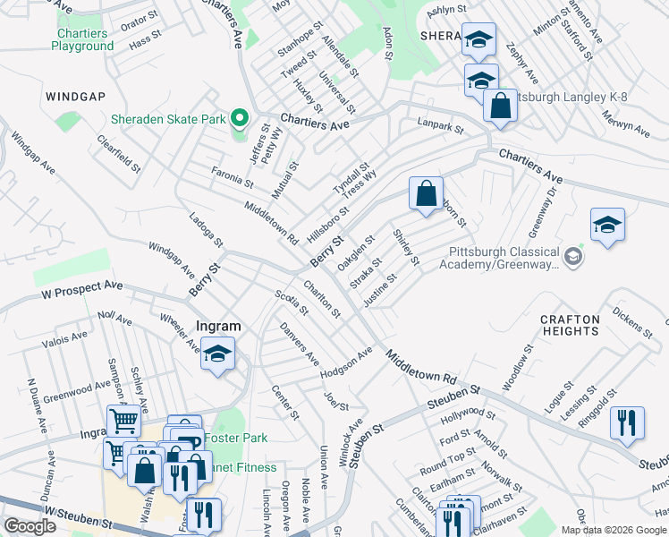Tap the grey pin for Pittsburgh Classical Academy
pyautogui.click(x=573, y=259)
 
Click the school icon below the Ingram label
pyautogui.click(x=216, y=354)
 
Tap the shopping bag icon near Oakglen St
pyautogui.click(x=427, y=193)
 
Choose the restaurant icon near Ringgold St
pyautogui.click(x=627, y=422)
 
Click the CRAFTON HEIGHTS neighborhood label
pyautogui.click(x=570, y=325)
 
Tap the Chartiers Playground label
pyautogui.click(x=80, y=39)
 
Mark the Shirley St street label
pyautogui.click(x=406, y=247)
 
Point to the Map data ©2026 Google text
pyautogui.click(x=613, y=530)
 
